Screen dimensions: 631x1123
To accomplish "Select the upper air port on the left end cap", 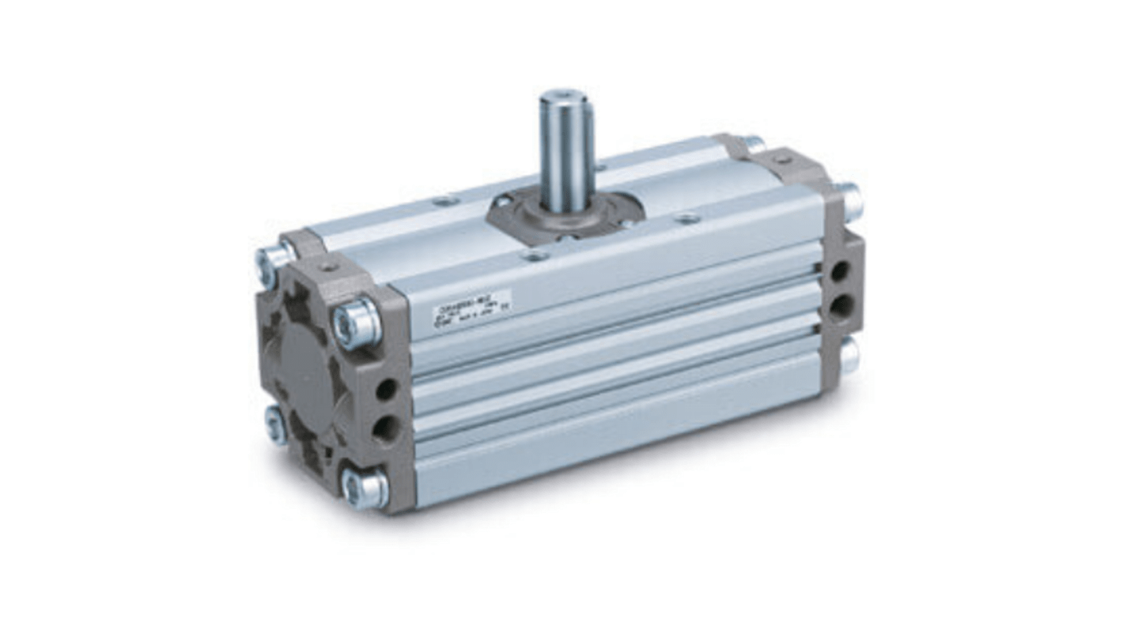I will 386,388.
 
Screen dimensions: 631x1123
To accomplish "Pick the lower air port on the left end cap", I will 386,429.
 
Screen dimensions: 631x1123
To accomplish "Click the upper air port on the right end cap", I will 839,271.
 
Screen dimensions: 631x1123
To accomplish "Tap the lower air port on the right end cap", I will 841,305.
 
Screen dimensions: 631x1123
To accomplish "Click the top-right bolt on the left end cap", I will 357,322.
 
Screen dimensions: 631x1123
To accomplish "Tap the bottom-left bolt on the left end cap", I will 276,425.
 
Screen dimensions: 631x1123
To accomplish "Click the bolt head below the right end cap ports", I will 849,354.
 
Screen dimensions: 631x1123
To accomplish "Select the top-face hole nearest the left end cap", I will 447,201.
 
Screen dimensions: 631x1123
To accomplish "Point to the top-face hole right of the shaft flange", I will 688,218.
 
